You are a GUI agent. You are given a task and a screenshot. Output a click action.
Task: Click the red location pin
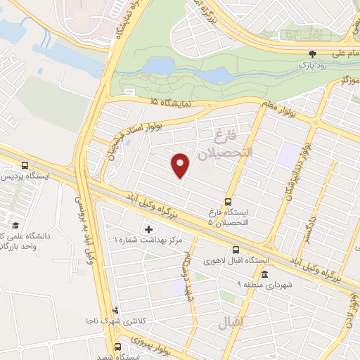[181, 165]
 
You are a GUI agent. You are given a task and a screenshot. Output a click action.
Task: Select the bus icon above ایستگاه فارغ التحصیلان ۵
[229, 200]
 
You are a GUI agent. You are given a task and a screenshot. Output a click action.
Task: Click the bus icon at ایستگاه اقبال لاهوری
[236, 250]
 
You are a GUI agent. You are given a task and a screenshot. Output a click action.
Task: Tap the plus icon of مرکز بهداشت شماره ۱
[148, 229]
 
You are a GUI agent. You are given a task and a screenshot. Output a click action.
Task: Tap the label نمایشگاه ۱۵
[169, 102]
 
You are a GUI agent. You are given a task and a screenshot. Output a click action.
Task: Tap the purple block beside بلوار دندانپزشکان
[288, 153]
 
